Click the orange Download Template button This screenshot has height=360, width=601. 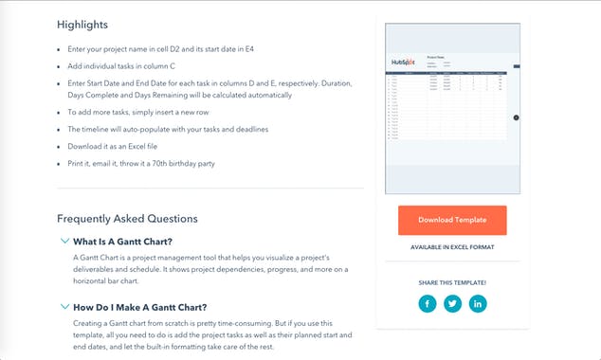452,220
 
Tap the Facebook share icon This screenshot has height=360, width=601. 428,304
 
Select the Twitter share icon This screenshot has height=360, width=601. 452,304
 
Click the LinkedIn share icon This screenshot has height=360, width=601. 478,304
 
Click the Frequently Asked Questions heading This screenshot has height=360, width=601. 127,219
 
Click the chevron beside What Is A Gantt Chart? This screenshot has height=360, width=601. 64,241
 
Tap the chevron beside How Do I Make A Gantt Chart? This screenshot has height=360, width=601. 64,307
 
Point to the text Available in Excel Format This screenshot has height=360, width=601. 452,247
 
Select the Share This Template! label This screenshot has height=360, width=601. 452,281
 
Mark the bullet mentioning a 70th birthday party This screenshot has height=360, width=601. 141,164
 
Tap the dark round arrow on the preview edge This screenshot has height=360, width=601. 516,117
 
